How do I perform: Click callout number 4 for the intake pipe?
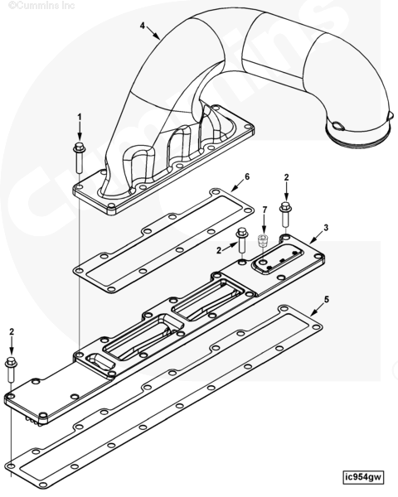coord(143,26)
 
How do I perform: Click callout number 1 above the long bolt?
coord(80,117)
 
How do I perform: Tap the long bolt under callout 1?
coord(79,158)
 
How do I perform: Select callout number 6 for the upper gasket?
coord(247,176)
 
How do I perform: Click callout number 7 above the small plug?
coord(265,210)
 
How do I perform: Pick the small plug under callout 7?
coord(263,240)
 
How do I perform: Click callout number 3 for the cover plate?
coord(326,228)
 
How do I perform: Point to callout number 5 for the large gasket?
coord(327,299)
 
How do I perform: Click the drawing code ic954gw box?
coord(363,477)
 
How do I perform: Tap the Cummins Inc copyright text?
coord(41,6)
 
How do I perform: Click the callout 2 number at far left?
coord(12,332)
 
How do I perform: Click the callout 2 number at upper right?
coord(286,177)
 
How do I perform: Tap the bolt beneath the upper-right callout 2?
coord(285,214)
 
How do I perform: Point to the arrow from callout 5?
coord(318,310)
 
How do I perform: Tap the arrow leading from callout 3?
coord(316,238)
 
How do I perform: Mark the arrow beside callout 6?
coord(238,186)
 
